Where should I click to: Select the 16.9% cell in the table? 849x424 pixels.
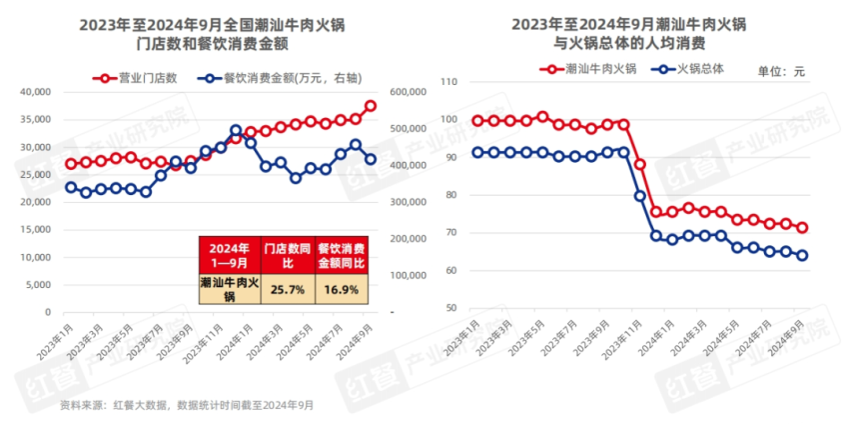(x=340, y=289)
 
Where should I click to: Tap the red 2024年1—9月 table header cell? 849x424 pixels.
(x=229, y=254)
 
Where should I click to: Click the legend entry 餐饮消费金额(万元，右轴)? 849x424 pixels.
(x=264, y=77)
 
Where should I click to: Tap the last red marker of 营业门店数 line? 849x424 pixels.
(x=371, y=106)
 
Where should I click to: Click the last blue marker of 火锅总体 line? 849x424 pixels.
(x=802, y=255)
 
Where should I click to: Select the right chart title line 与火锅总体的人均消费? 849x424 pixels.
(x=630, y=44)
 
